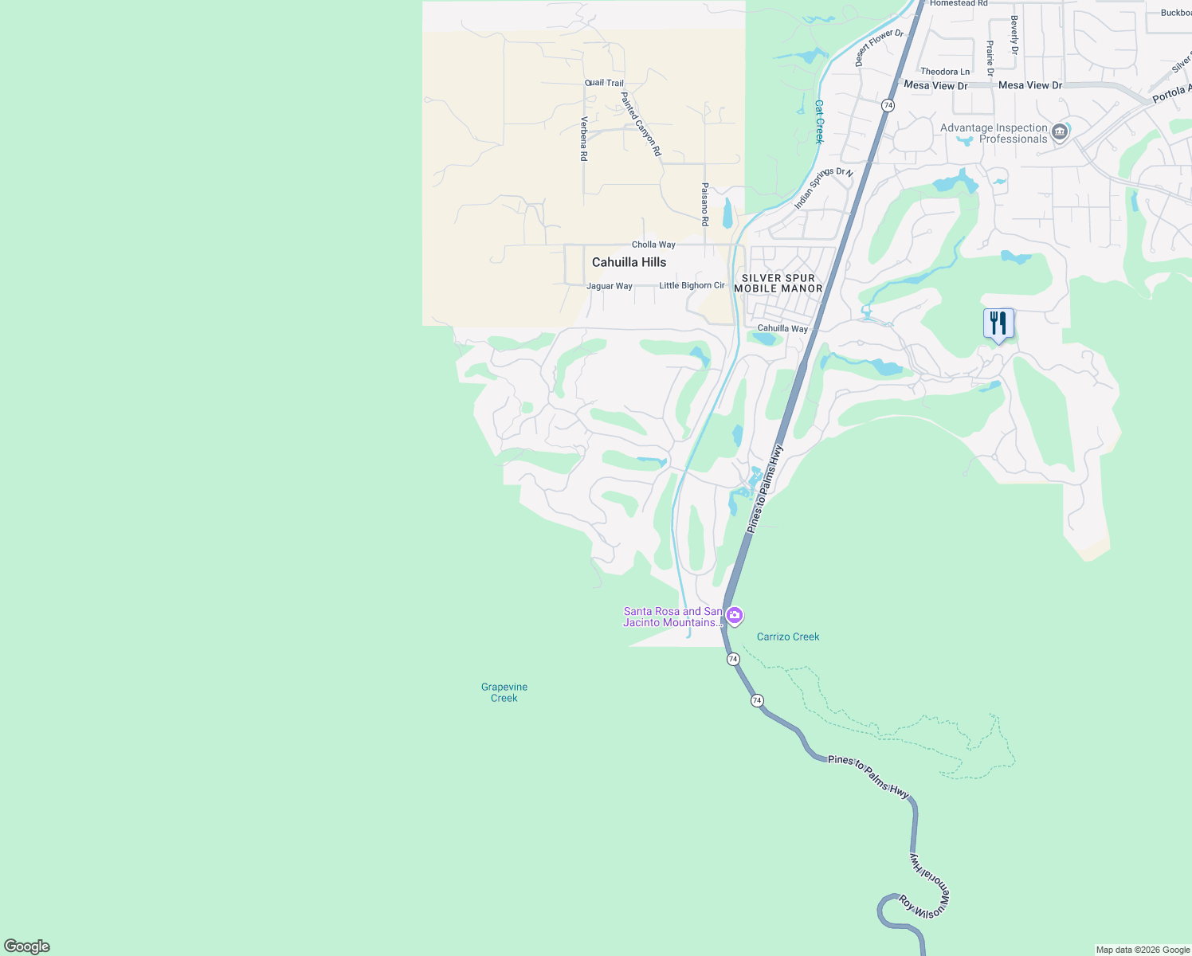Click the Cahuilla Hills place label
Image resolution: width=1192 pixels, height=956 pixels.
click(629, 262)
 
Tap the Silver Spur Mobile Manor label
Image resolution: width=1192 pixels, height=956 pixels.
click(778, 284)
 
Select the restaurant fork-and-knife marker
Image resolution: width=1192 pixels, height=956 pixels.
click(998, 323)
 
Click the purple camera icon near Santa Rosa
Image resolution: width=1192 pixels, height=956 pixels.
click(735, 615)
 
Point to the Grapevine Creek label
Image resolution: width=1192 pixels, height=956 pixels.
click(504, 692)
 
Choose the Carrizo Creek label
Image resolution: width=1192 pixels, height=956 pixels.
click(788, 637)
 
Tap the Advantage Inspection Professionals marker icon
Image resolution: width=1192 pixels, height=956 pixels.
click(1060, 132)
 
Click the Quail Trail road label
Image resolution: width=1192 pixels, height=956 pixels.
click(604, 83)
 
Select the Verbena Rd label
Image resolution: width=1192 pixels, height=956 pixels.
click(584, 139)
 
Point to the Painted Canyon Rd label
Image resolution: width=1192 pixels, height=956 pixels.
click(641, 123)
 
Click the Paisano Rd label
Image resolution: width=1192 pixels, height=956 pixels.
click(705, 204)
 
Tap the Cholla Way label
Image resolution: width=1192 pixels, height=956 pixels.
click(653, 245)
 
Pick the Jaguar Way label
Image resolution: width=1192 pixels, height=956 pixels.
click(610, 286)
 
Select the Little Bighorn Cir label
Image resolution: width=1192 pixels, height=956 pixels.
click(692, 285)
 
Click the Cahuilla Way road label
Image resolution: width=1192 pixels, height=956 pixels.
click(782, 328)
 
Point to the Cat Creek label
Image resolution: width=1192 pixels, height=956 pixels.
click(819, 121)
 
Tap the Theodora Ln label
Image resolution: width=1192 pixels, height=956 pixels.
click(945, 72)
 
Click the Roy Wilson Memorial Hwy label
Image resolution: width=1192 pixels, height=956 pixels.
click(929, 884)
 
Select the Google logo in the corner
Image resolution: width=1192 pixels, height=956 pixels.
click(27, 946)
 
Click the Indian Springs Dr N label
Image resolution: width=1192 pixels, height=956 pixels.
click(823, 188)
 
